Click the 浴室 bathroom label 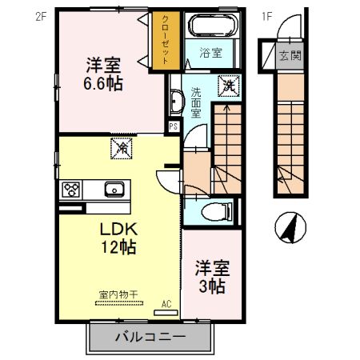coord(210,55)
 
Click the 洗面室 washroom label coord(195,102)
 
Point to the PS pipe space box coord(174,126)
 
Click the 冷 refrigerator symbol coord(123,147)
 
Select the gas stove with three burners coord(70,190)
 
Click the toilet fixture coord(216,211)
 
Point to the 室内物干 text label coord(118,294)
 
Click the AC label coord(166,303)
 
